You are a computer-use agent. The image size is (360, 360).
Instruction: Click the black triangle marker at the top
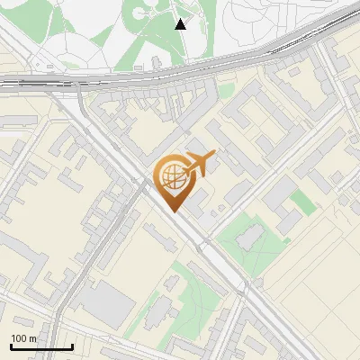[181, 24]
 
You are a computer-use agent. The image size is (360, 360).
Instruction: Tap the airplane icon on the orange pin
[199, 164]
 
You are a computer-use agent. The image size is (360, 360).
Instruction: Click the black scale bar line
[41, 346]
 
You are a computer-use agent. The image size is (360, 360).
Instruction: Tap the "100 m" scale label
[23, 338]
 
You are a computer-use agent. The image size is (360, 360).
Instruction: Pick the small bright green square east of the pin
[303, 202]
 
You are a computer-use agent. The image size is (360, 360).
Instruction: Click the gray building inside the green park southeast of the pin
[249, 237]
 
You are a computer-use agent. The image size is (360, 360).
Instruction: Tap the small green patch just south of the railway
[226, 90]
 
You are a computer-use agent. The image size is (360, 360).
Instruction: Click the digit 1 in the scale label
[13, 338]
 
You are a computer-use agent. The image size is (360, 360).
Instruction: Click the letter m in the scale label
[34, 338]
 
